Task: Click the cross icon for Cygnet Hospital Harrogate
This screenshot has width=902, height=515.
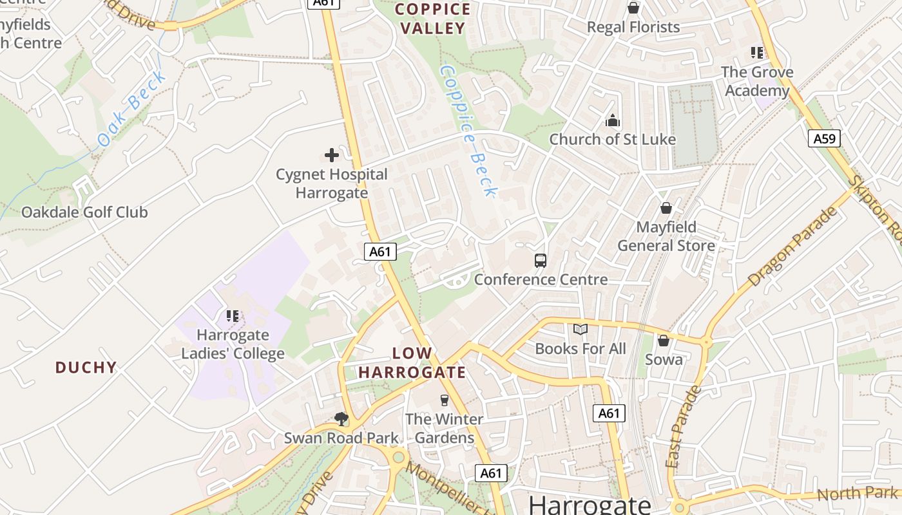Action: (x=332, y=155)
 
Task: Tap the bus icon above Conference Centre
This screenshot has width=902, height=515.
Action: (x=541, y=261)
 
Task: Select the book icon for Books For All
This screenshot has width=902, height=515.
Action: (x=581, y=330)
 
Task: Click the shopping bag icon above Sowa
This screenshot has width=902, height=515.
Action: (x=664, y=341)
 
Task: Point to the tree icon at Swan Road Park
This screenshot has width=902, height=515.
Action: (x=341, y=419)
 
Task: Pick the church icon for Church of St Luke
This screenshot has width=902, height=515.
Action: (x=612, y=120)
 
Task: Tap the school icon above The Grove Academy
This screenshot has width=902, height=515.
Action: (x=757, y=53)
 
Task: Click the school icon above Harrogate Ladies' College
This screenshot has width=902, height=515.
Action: (x=233, y=316)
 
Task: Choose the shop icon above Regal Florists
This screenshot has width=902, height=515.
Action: (x=633, y=8)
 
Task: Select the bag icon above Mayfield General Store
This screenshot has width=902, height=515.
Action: (x=666, y=209)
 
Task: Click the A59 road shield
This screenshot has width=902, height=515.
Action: (x=825, y=138)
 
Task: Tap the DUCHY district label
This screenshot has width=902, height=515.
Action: (x=86, y=368)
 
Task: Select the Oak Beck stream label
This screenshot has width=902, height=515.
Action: (x=131, y=109)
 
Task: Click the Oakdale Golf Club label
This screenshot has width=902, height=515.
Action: (x=84, y=212)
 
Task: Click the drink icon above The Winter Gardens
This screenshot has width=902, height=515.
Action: (x=444, y=400)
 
